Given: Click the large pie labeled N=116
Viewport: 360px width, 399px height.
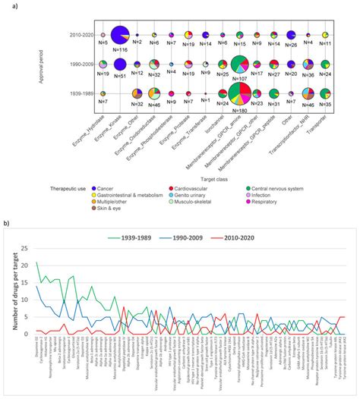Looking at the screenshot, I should coord(119,36).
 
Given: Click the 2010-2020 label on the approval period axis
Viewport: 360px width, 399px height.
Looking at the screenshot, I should coord(81,36).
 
